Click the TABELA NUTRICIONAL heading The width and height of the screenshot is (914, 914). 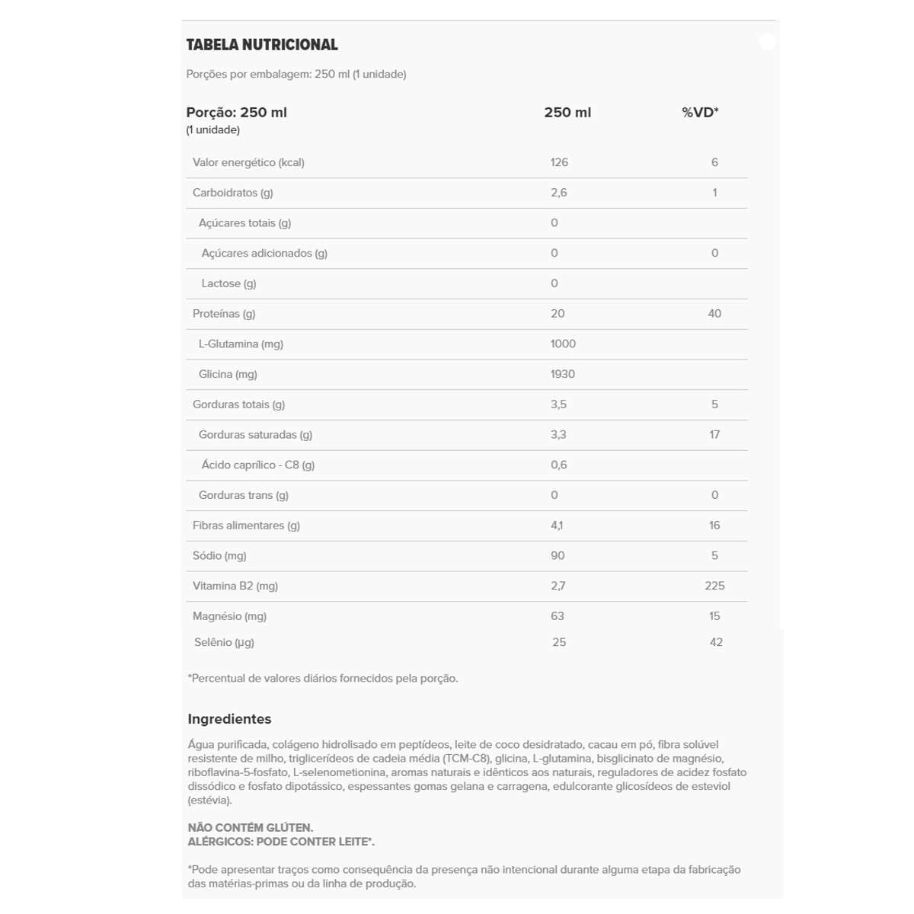click(x=262, y=45)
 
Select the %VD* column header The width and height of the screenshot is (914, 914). click(x=700, y=113)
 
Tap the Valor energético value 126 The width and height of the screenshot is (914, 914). click(x=559, y=162)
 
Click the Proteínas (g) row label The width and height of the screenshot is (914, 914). click(x=224, y=314)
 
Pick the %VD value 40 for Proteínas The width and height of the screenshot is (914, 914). click(x=714, y=314)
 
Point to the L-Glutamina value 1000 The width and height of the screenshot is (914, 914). click(x=563, y=344)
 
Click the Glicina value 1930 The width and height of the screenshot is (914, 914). click(x=563, y=374)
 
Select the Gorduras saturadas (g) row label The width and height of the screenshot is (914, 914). click(x=255, y=435)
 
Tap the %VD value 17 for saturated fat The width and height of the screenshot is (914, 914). click(x=714, y=435)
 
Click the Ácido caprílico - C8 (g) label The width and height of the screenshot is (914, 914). click(x=257, y=465)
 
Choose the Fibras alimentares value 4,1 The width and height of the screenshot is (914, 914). click(x=558, y=526)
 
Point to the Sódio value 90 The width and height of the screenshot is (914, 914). click(x=558, y=556)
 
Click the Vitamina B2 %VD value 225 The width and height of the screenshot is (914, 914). click(x=714, y=586)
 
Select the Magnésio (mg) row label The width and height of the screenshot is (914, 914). click(x=229, y=616)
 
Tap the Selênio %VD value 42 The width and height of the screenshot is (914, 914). click(x=716, y=642)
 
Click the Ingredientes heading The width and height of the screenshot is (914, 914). click(x=229, y=719)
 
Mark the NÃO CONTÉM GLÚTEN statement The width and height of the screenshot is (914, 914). click(x=251, y=828)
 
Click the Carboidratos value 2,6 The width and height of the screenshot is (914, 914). click(x=559, y=193)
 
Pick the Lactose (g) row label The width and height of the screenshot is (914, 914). click(x=228, y=283)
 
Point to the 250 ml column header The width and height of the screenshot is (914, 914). click(x=567, y=113)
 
